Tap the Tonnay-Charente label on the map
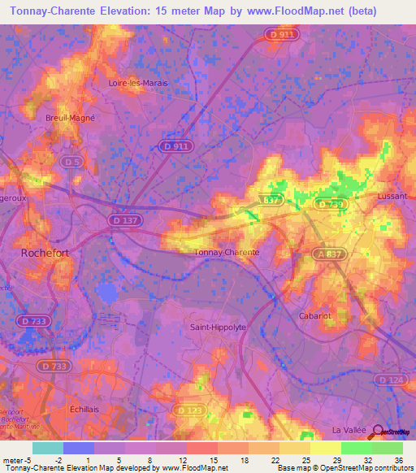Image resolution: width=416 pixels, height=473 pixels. pyautogui.click(x=227, y=252)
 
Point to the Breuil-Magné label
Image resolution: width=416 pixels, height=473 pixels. pyautogui.click(x=70, y=117)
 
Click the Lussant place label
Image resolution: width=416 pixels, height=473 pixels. pyautogui.click(x=392, y=197)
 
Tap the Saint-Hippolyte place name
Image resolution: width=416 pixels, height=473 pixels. pyautogui.click(x=218, y=327)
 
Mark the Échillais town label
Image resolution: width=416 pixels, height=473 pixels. pyautogui.click(x=84, y=410)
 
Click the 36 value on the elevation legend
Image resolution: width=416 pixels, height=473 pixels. pyautogui.click(x=398, y=460)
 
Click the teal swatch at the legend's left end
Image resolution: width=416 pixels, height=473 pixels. pyautogui.click(x=47, y=448)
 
